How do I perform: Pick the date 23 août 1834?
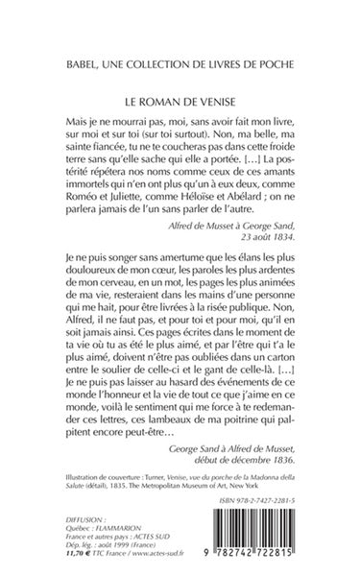point(283,261)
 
